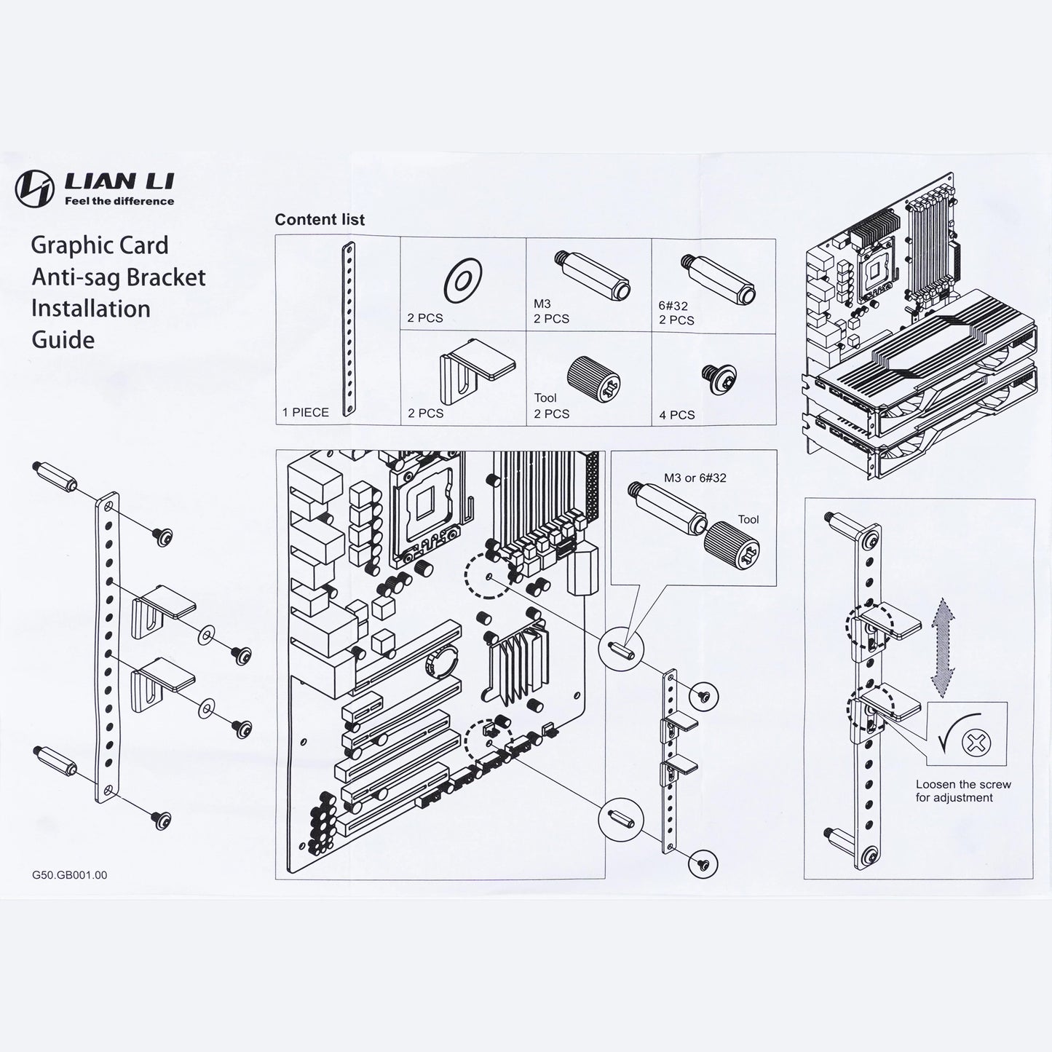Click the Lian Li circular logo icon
pos(34,189)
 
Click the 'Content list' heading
pos(320,219)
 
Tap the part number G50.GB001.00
pos(69,874)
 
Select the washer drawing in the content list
pos(462,280)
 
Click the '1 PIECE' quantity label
pos(306,412)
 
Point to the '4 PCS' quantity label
pos(677,415)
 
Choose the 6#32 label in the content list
pos(673,306)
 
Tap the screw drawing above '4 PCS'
pos(719,379)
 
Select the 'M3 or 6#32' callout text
pos(695,478)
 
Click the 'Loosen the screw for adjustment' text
pos(963,791)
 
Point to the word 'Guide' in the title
pos(63,340)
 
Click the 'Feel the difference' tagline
pos(119,201)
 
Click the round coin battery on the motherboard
pos(445,662)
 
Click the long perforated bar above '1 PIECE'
pos(348,329)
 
